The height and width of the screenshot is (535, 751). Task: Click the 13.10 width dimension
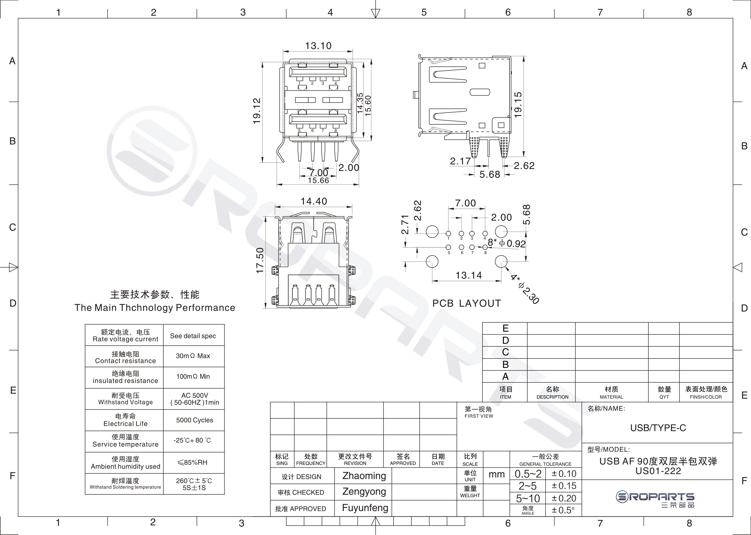318,46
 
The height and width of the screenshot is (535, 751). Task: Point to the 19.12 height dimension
257,111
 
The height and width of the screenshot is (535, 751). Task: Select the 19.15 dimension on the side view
518,105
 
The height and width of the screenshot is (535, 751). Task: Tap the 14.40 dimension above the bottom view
314,201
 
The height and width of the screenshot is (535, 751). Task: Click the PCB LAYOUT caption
467,303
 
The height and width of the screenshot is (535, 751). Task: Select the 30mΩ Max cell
193,356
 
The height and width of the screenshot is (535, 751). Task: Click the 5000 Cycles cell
195,420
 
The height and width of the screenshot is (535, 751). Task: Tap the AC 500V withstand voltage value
195,395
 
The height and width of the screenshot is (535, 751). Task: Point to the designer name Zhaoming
364,476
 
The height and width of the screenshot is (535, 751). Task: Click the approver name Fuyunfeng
365,508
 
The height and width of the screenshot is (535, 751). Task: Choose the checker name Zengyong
364,492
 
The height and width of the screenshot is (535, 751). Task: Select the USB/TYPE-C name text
658,428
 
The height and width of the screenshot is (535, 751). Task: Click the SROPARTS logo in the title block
655,499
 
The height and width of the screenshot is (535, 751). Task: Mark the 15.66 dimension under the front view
318,180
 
